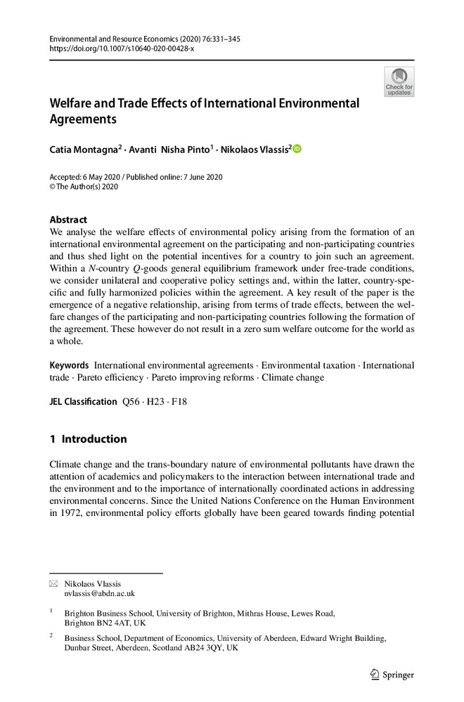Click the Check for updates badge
(x=399, y=82)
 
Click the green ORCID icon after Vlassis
(x=297, y=148)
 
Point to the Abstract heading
(x=68, y=220)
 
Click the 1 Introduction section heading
(x=88, y=439)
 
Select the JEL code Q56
(x=131, y=402)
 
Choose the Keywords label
(x=69, y=366)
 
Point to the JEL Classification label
(x=83, y=402)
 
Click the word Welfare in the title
(x=72, y=104)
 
